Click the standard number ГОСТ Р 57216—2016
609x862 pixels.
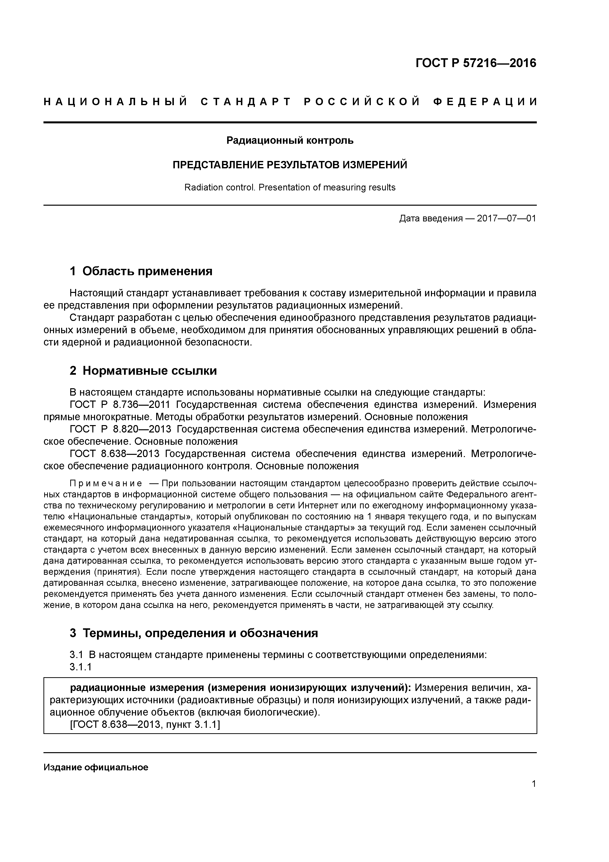tap(476, 63)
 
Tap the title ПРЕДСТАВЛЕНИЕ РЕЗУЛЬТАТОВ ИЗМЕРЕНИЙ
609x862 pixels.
tap(290, 165)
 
